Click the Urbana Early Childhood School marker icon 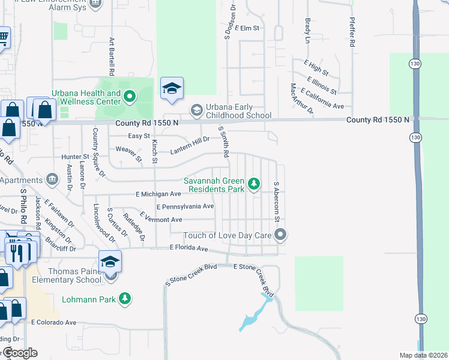196,110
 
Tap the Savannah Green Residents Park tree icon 255,184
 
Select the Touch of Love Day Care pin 280,235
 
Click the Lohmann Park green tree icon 125,298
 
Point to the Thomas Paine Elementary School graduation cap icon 110,262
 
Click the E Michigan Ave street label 158,194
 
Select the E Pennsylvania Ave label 185,206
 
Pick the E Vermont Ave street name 160,220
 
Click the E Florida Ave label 188,248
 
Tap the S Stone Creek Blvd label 191,274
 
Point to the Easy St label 139,136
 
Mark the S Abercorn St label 277,202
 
